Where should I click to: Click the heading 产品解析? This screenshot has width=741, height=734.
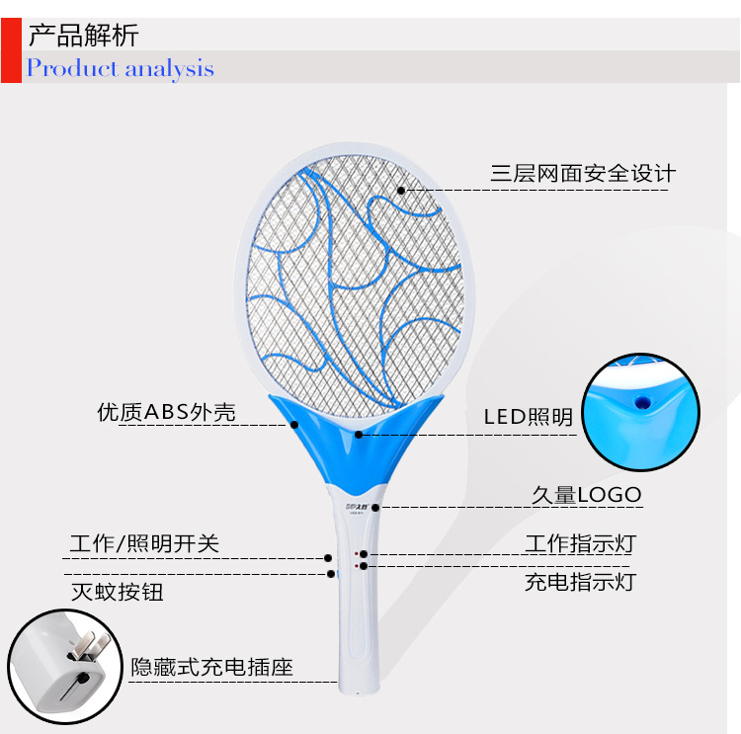[x=83, y=38]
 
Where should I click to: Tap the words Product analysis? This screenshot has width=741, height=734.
[x=120, y=68]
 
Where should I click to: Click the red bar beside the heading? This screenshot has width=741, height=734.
[x=11, y=50]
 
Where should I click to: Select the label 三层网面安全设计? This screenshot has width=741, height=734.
[x=583, y=174]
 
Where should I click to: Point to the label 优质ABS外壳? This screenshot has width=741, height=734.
[x=166, y=412]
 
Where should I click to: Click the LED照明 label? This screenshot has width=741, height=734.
[x=528, y=417]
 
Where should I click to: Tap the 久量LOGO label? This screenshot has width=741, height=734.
[x=585, y=494]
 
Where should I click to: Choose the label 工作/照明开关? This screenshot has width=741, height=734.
[x=144, y=543]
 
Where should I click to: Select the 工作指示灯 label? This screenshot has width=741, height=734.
[x=579, y=543]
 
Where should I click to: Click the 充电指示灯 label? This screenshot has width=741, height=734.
[x=579, y=581]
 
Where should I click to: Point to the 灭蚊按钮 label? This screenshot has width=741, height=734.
[x=118, y=592]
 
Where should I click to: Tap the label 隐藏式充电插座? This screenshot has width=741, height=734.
[x=212, y=668]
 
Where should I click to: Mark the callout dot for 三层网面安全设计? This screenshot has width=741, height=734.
[x=402, y=189]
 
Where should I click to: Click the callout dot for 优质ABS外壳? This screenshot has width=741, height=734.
[x=294, y=425]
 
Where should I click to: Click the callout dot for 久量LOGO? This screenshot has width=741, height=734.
[x=376, y=507]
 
